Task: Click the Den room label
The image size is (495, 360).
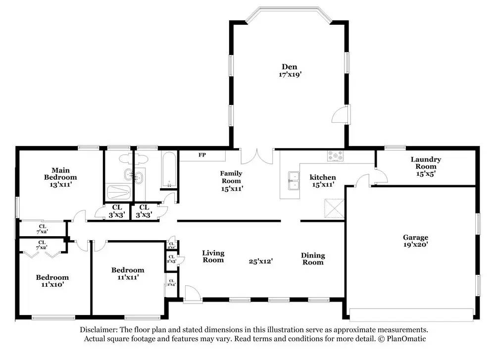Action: pyautogui.click(x=290, y=70)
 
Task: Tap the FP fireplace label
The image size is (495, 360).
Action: pyautogui.click(x=202, y=155)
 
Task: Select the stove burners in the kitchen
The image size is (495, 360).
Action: pyautogui.click(x=336, y=156)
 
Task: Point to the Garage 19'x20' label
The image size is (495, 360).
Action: pyautogui.click(x=415, y=241)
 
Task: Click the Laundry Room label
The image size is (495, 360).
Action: pyautogui.click(x=425, y=166)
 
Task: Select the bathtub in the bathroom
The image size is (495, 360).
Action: pyautogui.click(x=169, y=170)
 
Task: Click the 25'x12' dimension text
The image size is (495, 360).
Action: pyautogui.click(x=261, y=260)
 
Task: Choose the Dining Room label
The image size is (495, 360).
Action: pyautogui.click(x=313, y=259)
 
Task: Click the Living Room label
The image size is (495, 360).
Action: pyautogui.click(x=213, y=257)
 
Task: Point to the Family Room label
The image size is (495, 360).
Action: pyautogui.click(x=231, y=181)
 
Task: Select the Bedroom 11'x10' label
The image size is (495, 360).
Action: pyautogui.click(x=52, y=281)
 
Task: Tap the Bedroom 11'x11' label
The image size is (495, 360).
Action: pyautogui.click(x=128, y=273)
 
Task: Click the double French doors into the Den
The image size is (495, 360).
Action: pyautogui.click(x=257, y=156)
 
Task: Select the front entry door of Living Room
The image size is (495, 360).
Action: pyautogui.click(x=192, y=294)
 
